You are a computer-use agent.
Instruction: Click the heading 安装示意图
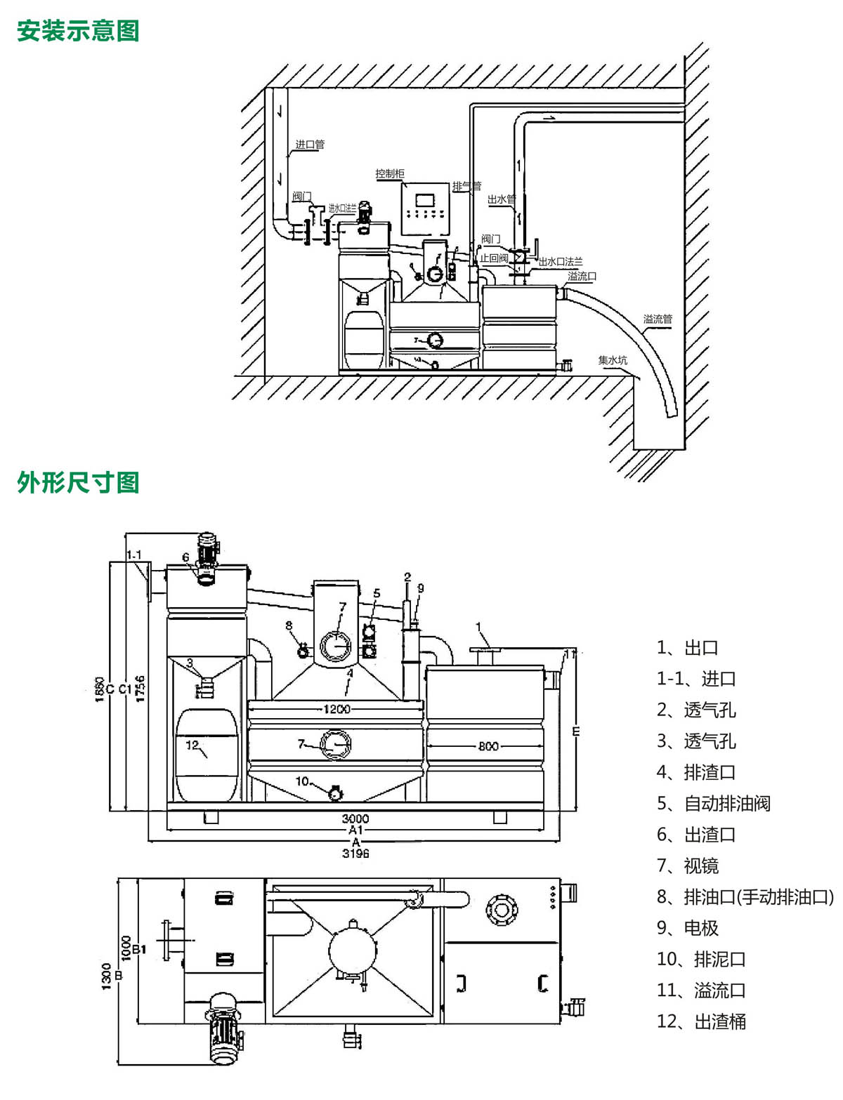78,31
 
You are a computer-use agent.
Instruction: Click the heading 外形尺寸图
78,482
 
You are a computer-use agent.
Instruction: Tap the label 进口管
310,145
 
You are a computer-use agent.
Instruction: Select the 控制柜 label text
390,173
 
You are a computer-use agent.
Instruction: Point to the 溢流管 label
658,319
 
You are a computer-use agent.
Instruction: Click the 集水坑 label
613,360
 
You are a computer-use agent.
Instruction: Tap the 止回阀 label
494,258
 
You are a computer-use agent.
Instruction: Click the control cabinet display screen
425,200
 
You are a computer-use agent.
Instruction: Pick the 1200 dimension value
336,709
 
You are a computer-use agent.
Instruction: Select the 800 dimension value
488,746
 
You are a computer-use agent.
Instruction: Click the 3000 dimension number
355,819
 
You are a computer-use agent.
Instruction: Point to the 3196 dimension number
355,854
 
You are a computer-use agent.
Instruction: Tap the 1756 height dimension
140,689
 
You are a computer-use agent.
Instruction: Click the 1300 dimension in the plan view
107,976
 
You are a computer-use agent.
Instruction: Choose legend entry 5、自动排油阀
713,803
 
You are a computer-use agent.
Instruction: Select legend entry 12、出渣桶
701,1021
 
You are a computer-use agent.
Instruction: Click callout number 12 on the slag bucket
192,746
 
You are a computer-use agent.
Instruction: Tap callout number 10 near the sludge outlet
302,781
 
